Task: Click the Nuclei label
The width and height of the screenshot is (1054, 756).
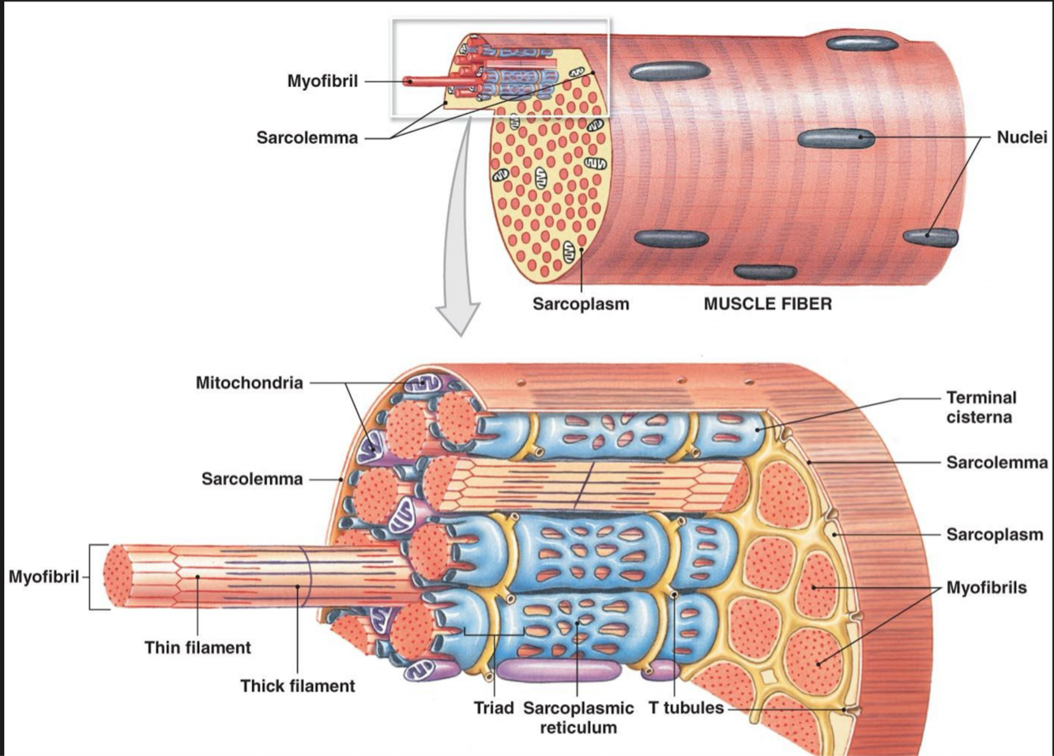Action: (x=1021, y=137)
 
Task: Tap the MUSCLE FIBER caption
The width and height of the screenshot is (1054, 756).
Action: (x=767, y=304)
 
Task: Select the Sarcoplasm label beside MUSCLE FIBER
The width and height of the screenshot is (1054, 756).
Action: (x=581, y=304)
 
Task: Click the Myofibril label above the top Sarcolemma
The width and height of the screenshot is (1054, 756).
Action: (x=322, y=81)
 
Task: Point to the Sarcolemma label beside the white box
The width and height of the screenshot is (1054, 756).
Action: (x=307, y=138)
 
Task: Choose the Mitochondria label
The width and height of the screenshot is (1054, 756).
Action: (x=249, y=383)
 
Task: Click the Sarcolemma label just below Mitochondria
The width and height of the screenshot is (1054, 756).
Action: (x=251, y=479)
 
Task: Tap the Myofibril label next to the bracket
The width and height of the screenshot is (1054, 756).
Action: (x=43, y=577)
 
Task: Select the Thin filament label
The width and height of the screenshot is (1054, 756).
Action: (x=198, y=648)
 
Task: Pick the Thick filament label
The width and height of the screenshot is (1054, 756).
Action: (x=298, y=686)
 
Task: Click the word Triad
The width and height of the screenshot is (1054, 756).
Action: (x=493, y=708)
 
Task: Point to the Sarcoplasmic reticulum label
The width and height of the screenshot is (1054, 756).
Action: (x=578, y=717)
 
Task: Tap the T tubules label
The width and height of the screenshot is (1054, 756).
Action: (x=686, y=708)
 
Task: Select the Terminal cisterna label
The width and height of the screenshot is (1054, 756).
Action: (x=981, y=407)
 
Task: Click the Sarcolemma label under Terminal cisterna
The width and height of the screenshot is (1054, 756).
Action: (x=996, y=462)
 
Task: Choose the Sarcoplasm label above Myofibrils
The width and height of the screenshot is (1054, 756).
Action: (x=994, y=535)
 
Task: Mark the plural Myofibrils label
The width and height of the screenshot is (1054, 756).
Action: (x=986, y=588)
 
